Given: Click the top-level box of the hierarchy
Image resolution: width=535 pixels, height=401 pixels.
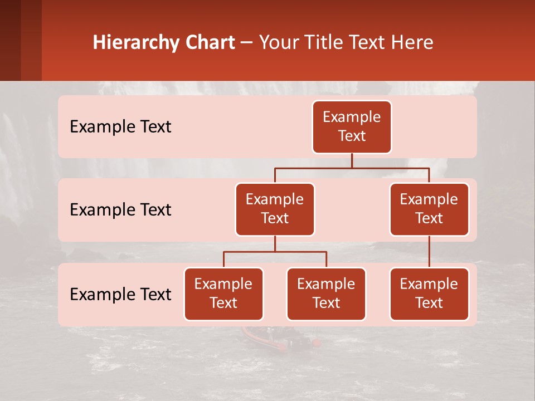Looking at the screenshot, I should (352, 127).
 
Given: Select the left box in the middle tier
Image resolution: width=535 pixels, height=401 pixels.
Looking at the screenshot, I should (275, 209).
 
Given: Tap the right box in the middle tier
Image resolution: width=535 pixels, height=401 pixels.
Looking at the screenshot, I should (429, 209).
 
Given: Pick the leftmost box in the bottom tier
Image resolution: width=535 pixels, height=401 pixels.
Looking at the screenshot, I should (223, 294).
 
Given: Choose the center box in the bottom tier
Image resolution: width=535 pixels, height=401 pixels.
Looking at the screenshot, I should (326, 294).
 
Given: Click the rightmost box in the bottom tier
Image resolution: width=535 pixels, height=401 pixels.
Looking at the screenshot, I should (429, 294).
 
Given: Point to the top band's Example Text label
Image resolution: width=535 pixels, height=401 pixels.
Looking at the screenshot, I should (120, 127).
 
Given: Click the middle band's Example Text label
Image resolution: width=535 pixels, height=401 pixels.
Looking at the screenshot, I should (120, 210).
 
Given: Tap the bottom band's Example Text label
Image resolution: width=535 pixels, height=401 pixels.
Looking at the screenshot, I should (120, 295).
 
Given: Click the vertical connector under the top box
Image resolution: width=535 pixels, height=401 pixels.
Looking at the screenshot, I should (352, 160).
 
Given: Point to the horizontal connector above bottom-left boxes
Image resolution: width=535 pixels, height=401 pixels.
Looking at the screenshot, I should (275, 252).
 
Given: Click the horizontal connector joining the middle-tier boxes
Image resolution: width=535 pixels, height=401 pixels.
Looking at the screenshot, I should (352, 168).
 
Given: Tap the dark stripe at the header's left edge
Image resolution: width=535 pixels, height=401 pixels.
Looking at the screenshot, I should (10, 40).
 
